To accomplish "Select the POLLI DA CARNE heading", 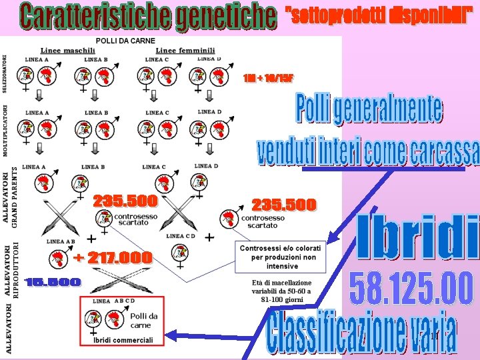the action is [x=126, y=41].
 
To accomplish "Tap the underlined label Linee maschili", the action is [x=68, y=51].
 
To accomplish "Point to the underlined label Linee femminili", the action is [x=185, y=51].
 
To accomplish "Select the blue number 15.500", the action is [x=53, y=283].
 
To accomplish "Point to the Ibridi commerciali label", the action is [x=123, y=340].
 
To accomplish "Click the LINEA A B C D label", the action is [x=114, y=301].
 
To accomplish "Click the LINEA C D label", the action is [x=181, y=236].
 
